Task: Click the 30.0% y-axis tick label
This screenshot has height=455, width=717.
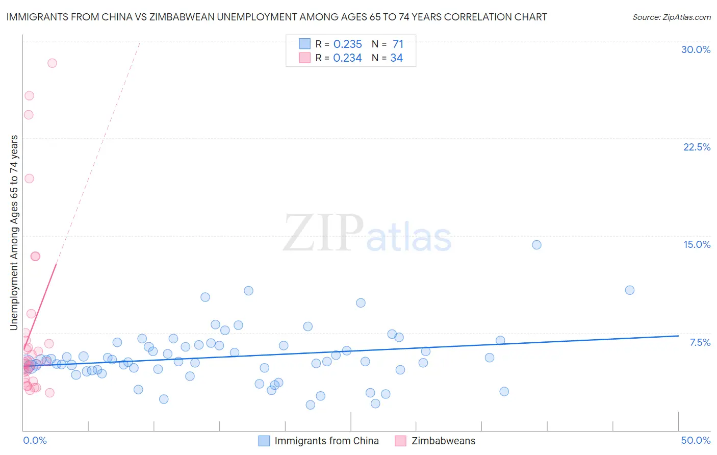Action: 696,49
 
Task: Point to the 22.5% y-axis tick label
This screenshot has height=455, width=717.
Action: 697,147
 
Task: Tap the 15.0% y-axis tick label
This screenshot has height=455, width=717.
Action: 697,244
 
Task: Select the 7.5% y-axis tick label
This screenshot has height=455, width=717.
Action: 700,342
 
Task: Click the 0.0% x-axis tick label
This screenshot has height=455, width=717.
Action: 35,440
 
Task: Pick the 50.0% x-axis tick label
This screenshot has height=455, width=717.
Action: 696,440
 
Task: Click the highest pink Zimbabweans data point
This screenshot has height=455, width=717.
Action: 52,63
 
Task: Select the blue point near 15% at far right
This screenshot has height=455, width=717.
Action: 536,245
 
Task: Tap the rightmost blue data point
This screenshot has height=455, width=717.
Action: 630,290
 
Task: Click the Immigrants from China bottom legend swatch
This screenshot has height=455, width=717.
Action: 264,441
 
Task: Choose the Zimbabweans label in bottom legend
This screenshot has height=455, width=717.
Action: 443,441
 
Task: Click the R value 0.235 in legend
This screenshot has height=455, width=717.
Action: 347,44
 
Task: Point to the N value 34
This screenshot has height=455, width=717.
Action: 396,58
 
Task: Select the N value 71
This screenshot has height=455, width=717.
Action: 398,44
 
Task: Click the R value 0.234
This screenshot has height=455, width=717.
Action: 347,58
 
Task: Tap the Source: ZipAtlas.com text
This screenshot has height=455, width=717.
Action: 671,17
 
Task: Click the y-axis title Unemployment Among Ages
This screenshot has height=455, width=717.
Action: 14,232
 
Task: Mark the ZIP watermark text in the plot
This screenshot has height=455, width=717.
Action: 323,233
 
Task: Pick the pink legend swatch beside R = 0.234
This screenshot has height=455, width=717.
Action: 304,58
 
